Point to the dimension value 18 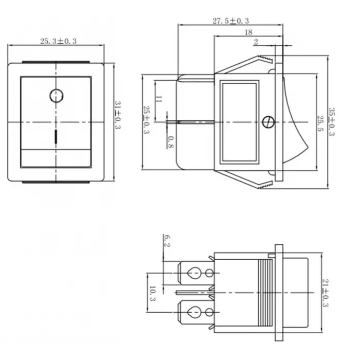pos(248,32)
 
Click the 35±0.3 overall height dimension pos(332,122)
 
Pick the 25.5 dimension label pos(320,122)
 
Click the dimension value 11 pos(158,100)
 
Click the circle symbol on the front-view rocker pos(56,95)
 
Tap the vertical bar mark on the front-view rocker pos(56,137)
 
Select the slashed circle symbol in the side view pos(267,122)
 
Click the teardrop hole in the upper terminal pos(194,272)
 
